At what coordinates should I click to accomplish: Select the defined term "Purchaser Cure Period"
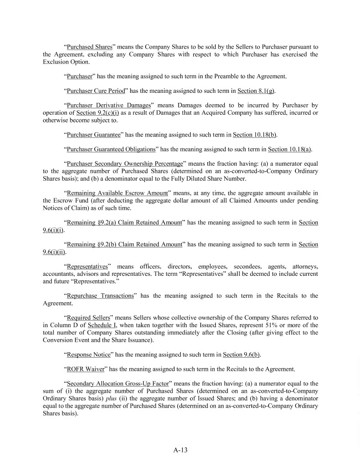click(95, 91)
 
